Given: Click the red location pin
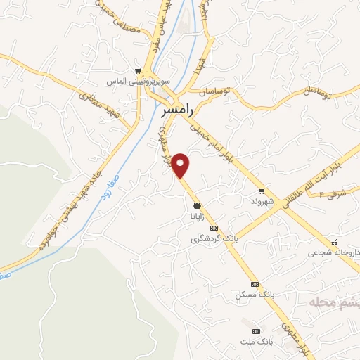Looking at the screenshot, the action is point(181,165).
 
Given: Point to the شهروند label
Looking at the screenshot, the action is point(261,201).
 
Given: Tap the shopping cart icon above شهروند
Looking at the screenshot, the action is point(262,191).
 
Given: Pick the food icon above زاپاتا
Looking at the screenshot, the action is point(196,205).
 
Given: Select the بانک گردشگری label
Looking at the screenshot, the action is point(214,239).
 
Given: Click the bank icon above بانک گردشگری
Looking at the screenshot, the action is point(214,228).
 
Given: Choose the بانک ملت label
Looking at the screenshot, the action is point(255,342).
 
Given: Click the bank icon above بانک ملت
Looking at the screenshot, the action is point(255,330).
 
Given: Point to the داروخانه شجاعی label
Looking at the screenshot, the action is point(330,250).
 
